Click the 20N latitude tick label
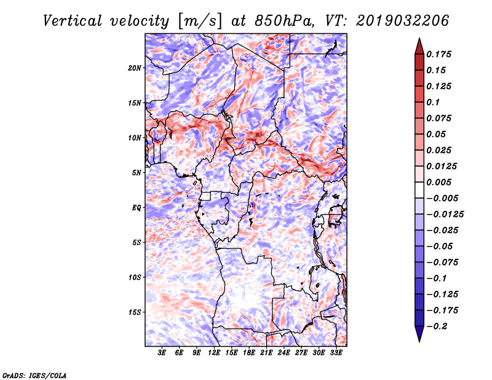click(135, 68)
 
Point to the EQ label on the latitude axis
click(137, 208)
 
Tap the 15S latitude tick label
click(135, 312)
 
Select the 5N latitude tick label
click(137, 173)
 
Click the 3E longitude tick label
click(162, 354)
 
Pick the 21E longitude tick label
click(266, 354)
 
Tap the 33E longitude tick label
click(336, 354)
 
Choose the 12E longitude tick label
click(214, 354)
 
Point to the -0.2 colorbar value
click(438, 327)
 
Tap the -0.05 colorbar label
click(438, 247)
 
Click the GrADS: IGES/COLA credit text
click(34, 374)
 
